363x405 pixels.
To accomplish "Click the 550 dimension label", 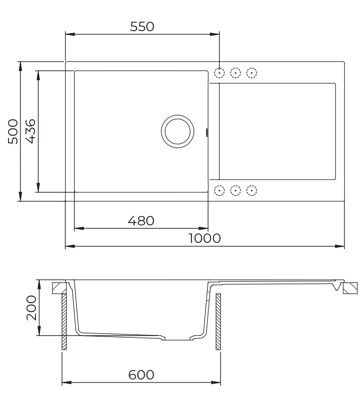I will click(x=142, y=27).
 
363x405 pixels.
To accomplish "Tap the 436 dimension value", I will click(x=30, y=131).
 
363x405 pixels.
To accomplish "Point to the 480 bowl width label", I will click(x=141, y=221).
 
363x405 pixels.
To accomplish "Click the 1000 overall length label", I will click(x=205, y=238).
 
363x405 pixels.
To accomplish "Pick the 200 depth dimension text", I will click(x=32, y=308).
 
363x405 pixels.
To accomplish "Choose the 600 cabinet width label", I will click(x=141, y=375).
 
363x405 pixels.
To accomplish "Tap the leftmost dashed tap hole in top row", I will click(x=219, y=73).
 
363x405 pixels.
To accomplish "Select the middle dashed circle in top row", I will click(x=235, y=73).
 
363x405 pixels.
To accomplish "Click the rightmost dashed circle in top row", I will click(x=252, y=73).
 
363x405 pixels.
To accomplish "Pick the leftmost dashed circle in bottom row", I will click(x=219, y=190).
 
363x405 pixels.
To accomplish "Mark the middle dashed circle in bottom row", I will click(x=235, y=190).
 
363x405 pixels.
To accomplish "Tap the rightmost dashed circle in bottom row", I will click(x=252, y=190).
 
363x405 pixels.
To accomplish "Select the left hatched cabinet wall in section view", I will click(x=64, y=321).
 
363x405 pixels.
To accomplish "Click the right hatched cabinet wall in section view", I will click(x=218, y=321).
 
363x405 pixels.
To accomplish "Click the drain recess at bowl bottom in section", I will click(x=177, y=338).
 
